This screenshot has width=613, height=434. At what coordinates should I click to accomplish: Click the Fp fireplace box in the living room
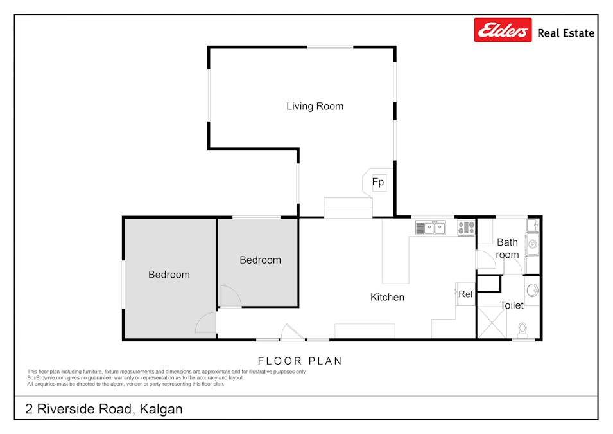point(379,183)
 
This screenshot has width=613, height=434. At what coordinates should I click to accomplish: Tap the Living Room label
point(315,106)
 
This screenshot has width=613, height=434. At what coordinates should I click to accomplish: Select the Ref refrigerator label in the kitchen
point(465,294)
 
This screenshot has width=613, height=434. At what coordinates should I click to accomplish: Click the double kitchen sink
point(431,227)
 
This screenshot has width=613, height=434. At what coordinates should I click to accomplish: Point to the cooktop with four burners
point(466,227)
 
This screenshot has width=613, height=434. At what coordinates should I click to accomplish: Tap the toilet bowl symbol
point(522,330)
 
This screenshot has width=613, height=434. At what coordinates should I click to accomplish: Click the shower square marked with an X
point(491,322)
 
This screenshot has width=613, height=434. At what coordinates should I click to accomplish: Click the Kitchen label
point(387,297)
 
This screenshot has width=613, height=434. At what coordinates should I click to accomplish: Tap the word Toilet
point(512,305)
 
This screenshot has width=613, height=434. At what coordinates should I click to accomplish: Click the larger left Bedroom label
point(169,275)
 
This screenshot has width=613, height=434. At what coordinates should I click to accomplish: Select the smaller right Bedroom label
point(260,260)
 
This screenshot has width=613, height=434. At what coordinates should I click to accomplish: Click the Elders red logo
point(503,30)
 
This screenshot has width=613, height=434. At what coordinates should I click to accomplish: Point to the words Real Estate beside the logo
point(566,33)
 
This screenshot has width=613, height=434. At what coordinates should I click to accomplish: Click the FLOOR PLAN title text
point(300,361)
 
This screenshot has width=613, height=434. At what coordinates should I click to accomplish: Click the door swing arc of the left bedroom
point(207,323)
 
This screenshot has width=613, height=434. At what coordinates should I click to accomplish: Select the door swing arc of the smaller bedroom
point(229,296)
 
